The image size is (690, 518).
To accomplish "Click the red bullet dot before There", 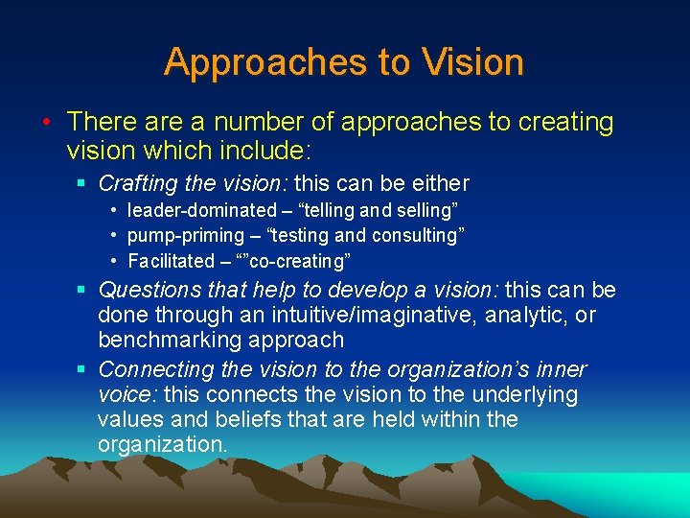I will [46, 123].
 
